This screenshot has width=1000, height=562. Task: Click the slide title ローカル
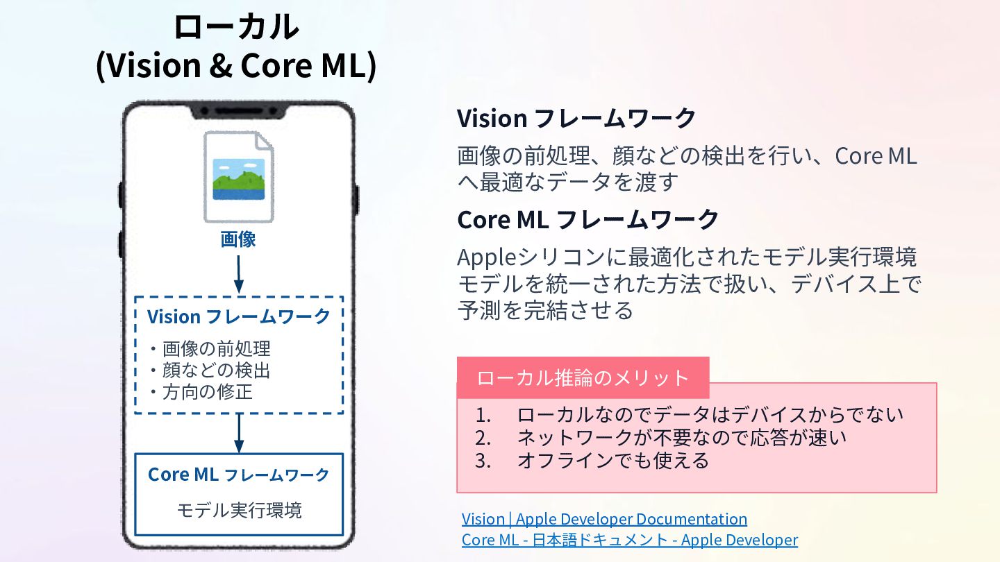pyautogui.click(x=235, y=28)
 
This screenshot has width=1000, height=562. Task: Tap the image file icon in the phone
pyautogui.click(x=238, y=178)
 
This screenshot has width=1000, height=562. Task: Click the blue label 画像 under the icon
pyautogui.click(x=238, y=240)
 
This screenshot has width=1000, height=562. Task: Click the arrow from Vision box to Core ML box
pyautogui.click(x=238, y=433)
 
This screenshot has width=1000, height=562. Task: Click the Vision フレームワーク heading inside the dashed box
pyautogui.click(x=238, y=317)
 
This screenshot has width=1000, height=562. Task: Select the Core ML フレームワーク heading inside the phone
pyautogui.click(x=238, y=475)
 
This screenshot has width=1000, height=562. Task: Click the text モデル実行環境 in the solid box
pyautogui.click(x=238, y=511)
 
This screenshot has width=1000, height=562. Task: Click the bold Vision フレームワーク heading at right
pyautogui.click(x=576, y=119)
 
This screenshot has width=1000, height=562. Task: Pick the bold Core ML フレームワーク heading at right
pyautogui.click(x=587, y=220)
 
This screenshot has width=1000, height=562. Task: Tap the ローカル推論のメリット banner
pyautogui.click(x=583, y=378)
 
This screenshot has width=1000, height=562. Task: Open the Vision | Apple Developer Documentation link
pyautogui.click(x=604, y=519)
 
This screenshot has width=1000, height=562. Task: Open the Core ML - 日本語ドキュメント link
pyautogui.click(x=629, y=540)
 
